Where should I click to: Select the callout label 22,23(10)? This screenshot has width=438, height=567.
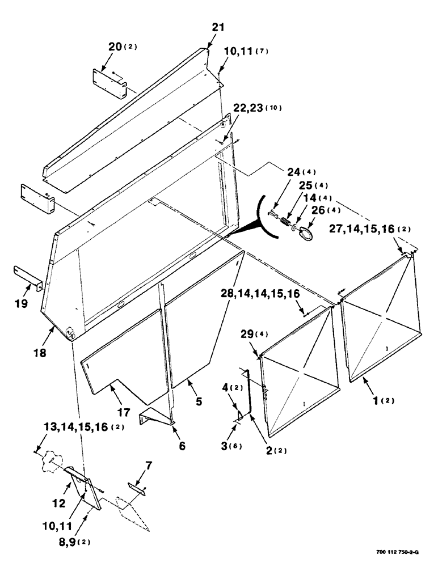pos(250,108)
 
